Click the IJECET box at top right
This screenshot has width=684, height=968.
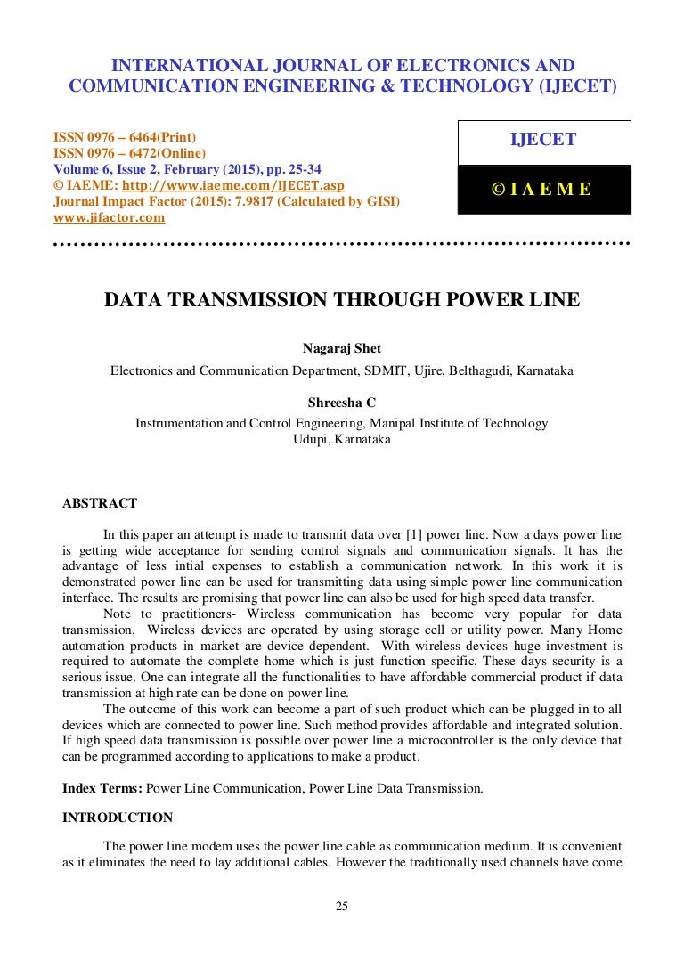pyautogui.click(x=543, y=141)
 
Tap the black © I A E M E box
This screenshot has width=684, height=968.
pyautogui.click(x=543, y=189)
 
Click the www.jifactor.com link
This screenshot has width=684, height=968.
pyautogui.click(x=109, y=217)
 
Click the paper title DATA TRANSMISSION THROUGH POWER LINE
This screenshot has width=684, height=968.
pyautogui.click(x=342, y=300)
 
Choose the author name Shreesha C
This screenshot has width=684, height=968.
pyautogui.click(x=341, y=403)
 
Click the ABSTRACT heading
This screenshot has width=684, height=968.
pyautogui.click(x=100, y=503)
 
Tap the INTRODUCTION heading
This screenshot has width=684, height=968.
pyautogui.click(x=118, y=818)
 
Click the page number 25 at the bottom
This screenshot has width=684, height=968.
pyautogui.click(x=342, y=907)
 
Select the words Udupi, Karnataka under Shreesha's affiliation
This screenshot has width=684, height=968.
pyautogui.click(x=341, y=439)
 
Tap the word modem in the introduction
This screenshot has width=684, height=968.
pyautogui.click(x=202, y=845)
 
